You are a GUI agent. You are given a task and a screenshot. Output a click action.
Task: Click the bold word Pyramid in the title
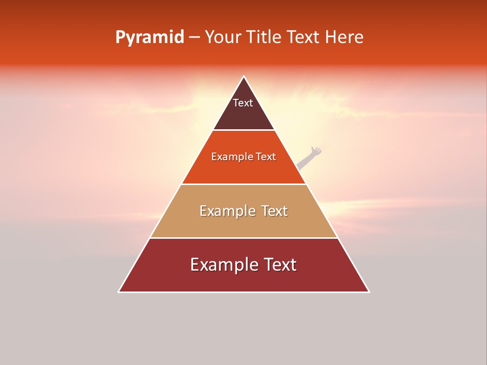pos(149,38)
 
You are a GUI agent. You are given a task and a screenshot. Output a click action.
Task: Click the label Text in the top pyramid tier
pos(243,103)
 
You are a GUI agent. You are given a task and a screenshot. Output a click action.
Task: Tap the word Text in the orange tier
pos(266,157)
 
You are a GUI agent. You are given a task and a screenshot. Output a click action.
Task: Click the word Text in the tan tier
pos(275,211)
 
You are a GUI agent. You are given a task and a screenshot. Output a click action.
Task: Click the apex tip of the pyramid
pos(243,77)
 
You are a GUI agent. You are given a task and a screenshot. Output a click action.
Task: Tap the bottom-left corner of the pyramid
pos(119,291)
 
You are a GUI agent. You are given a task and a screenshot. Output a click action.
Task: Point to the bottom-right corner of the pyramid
pos(368,291)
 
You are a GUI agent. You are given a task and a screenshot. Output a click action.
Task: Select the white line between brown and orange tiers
pos(243,130)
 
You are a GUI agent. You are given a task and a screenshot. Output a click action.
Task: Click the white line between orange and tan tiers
pos(243,184)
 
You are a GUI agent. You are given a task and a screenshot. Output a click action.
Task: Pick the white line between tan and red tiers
pos(243,238)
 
